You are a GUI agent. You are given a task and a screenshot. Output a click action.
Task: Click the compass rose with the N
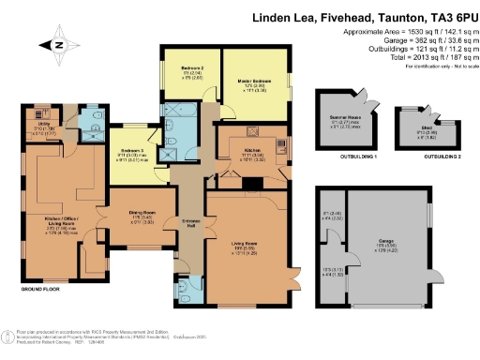pos(60,43)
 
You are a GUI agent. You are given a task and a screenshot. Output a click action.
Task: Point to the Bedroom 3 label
pos(132,151)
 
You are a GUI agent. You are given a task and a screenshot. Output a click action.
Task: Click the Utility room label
pos(44,124)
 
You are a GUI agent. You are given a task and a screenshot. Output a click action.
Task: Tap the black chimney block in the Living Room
pos(246,185)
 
